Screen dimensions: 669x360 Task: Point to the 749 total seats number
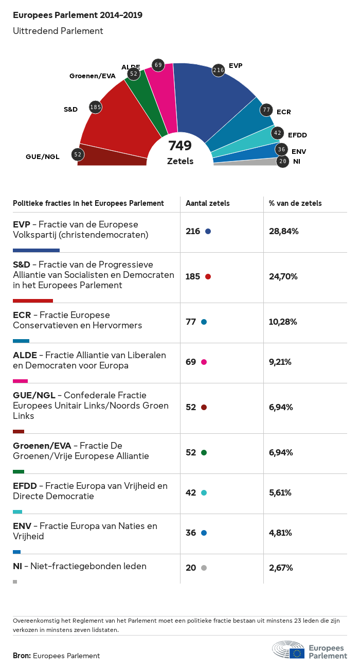(180, 146)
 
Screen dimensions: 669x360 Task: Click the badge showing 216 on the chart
(219, 70)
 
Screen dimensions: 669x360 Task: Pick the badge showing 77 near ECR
(266, 110)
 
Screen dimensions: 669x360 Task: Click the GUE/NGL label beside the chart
(43, 156)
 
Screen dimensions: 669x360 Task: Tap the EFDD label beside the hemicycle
(297, 135)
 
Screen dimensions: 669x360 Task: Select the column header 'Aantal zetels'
(208, 203)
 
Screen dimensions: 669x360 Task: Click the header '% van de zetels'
(295, 203)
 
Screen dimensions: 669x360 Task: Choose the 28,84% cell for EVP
(284, 231)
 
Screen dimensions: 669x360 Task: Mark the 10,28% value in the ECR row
(283, 322)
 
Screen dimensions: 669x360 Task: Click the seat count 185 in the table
(193, 276)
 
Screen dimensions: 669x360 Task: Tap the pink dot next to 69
(204, 362)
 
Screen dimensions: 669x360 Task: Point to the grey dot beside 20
(204, 568)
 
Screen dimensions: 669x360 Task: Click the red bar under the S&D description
(33, 301)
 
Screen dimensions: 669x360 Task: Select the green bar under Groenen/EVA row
(19, 471)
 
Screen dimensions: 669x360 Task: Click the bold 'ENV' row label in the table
(22, 526)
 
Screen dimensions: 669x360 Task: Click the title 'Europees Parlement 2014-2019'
(78, 15)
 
